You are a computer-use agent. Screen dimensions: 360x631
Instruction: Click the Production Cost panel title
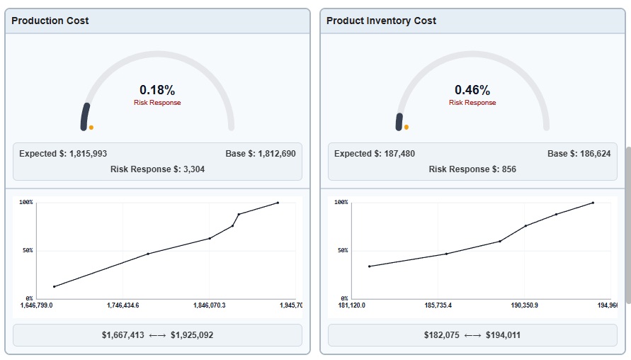[50, 21]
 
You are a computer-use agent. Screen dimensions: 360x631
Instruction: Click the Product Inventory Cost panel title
[381, 21]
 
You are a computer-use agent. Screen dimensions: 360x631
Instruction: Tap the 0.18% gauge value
[157, 90]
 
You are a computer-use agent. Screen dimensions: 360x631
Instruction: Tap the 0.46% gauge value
[472, 90]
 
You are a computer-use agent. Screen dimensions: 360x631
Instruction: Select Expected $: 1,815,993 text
[63, 154]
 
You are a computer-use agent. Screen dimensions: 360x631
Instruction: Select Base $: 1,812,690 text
[256, 154]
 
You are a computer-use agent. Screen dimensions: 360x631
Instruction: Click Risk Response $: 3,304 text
[157, 169]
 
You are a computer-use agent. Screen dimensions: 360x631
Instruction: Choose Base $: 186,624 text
[579, 154]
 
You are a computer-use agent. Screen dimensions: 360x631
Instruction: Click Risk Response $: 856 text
[472, 169]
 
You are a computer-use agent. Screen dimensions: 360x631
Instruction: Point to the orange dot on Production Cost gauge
[91, 128]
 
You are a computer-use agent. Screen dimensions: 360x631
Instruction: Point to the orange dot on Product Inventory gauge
[407, 128]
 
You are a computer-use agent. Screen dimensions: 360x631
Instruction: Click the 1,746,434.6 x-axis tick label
[123, 305]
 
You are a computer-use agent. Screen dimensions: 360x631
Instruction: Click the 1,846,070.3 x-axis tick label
[209, 305]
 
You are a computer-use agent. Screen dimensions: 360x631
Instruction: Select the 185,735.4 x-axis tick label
[438, 305]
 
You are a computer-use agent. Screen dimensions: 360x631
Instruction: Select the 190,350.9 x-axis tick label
[524, 305]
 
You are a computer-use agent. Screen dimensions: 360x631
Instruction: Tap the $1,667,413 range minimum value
[123, 335]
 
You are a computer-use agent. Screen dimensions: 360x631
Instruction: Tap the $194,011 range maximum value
[503, 335]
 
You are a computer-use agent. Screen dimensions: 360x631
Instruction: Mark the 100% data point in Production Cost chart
[278, 203]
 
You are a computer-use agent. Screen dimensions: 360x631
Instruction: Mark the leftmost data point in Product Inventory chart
[370, 266]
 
